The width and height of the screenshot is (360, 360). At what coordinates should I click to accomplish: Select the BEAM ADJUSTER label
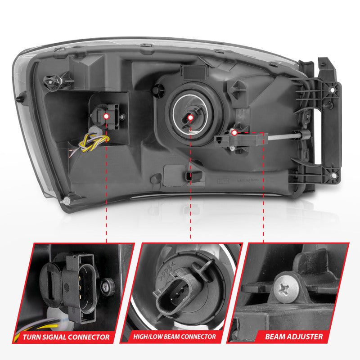(x=293, y=336)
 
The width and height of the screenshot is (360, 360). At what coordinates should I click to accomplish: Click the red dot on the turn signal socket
(x=107, y=116)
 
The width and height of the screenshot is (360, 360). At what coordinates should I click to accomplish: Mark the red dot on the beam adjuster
(x=234, y=133)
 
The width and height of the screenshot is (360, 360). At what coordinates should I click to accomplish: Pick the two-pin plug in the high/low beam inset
(x=172, y=297)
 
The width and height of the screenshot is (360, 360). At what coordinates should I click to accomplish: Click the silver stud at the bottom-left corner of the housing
(x=66, y=200)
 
